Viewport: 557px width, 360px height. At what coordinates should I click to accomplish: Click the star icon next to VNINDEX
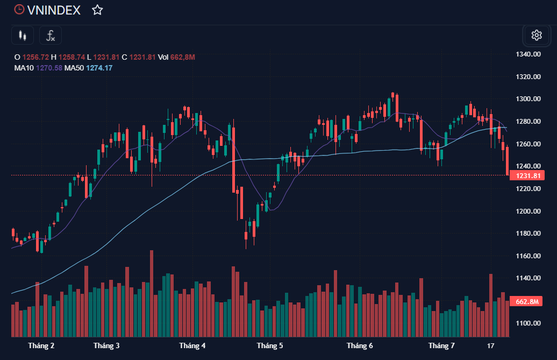click(x=97, y=10)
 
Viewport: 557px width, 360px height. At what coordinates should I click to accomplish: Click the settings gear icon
click(x=536, y=36)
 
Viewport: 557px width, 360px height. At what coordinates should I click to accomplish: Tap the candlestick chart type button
click(x=22, y=36)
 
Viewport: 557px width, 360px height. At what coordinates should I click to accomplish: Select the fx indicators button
click(x=51, y=36)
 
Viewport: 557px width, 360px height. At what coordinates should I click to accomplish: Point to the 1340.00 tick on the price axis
click(x=528, y=54)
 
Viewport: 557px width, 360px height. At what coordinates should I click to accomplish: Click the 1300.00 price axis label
click(x=528, y=99)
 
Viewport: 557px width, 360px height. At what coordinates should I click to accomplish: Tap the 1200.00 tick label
click(x=528, y=211)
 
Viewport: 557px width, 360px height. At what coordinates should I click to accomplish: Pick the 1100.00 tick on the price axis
click(x=528, y=323)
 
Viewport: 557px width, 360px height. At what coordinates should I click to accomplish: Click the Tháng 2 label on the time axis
click(x=41, y=345)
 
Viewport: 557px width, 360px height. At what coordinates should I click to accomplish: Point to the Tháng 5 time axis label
click(x=270, y=345)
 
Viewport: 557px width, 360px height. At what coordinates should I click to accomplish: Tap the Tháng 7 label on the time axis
click(x=441, y=345)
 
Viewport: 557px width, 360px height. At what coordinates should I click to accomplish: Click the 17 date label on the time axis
click(x=490, y=345)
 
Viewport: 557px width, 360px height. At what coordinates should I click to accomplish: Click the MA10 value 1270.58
click(x=49, y=68)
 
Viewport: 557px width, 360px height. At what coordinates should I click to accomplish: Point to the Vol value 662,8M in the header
click(x=183, y=57)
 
